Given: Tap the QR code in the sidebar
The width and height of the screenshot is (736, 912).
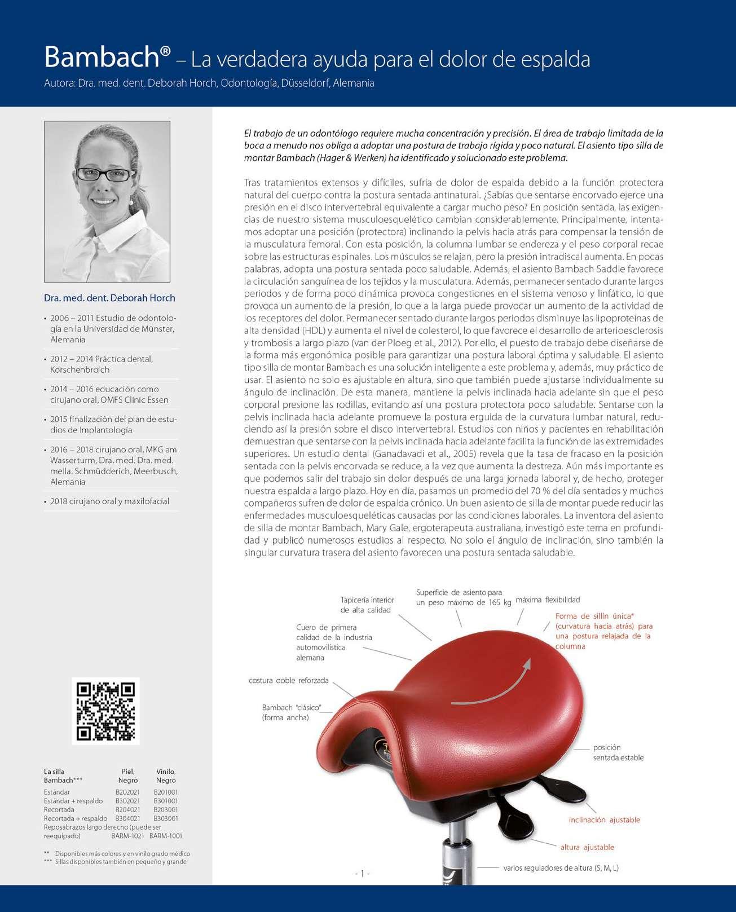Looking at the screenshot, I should (x=106, y=711).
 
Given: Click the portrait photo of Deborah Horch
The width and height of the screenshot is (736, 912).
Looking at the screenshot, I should (x=107, y=201).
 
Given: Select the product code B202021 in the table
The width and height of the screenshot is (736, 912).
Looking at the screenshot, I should (x=127, y=792).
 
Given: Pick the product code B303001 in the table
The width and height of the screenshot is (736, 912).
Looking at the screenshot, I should (x=166, y=818).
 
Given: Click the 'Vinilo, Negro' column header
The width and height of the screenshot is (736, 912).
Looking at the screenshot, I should (x=166, y=776).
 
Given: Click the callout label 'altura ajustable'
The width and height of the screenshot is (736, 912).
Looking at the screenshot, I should (x=587, y=847).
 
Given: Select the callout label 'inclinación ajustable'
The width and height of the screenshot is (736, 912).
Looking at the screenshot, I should (x=604, y=820).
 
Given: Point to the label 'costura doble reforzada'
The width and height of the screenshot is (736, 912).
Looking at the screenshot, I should (x=288, y=681).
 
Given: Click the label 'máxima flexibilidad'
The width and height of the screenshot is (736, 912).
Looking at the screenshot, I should (x=548, y=600).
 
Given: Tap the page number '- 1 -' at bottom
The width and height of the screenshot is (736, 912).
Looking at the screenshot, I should (x=362, y=874).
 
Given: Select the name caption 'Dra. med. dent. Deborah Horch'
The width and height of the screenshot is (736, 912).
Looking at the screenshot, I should (x=109, y=298).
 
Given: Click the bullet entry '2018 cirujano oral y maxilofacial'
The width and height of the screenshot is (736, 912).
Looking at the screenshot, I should (x=109, y=501).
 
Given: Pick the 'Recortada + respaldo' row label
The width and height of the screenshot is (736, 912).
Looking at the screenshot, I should (x=76, y=818).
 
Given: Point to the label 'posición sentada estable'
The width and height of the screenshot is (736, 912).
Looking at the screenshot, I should (x=618, y=752).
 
